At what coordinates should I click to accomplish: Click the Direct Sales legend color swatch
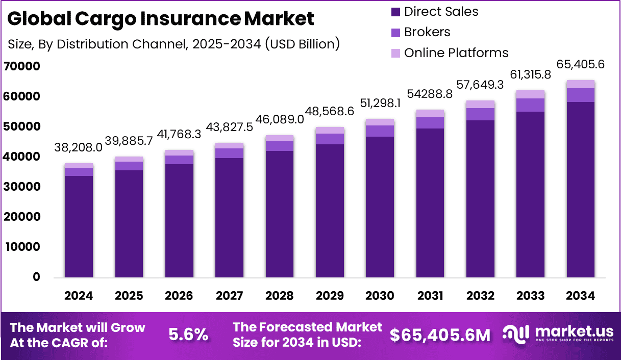395,12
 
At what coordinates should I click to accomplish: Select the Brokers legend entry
427,32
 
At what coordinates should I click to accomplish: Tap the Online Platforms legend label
456,53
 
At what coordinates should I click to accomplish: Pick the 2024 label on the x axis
79,296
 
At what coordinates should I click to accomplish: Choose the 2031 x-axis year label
430,296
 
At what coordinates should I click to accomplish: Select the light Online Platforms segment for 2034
581,84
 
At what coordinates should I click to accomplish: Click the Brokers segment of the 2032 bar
480,114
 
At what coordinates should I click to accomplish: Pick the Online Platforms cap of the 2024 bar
79,165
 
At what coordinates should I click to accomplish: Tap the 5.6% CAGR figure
188,335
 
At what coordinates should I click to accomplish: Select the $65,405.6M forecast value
440,335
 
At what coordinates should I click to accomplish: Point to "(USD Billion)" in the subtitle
302,44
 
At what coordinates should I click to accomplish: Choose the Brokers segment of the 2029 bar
329,139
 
